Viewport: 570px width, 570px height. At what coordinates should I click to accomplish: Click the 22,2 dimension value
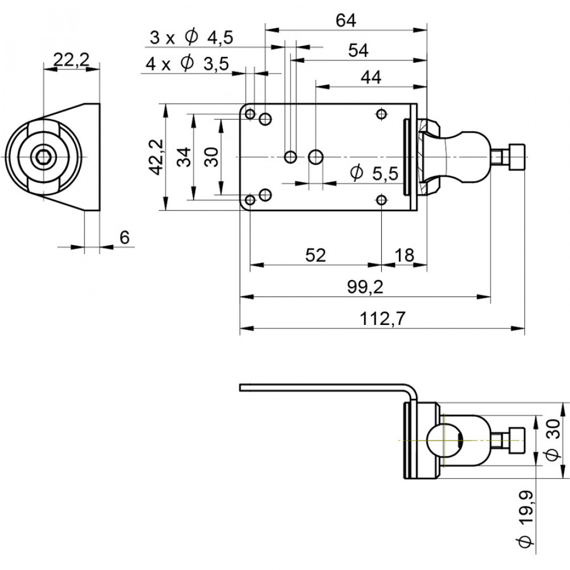click(x=71, y=59)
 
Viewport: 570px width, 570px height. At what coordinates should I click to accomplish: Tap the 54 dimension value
click(x=358, y=50)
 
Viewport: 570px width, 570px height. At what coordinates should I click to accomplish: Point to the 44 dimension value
click(x=371, y=78)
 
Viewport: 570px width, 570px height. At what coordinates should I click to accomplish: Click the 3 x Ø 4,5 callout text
click(x=192, y=38)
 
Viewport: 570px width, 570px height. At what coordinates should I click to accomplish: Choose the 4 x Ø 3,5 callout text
click(x=187, y=64)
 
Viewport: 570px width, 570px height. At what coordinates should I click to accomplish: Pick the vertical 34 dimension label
click(x=182, y=157)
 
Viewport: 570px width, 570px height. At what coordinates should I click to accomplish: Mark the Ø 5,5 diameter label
click(x=373, y=173)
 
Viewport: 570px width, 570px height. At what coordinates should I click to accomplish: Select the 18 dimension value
click(x=404, y=255)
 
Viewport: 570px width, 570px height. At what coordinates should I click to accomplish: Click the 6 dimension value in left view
click(x=124, y=238)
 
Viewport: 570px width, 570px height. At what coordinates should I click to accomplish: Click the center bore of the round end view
click(x=42, y=157)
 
